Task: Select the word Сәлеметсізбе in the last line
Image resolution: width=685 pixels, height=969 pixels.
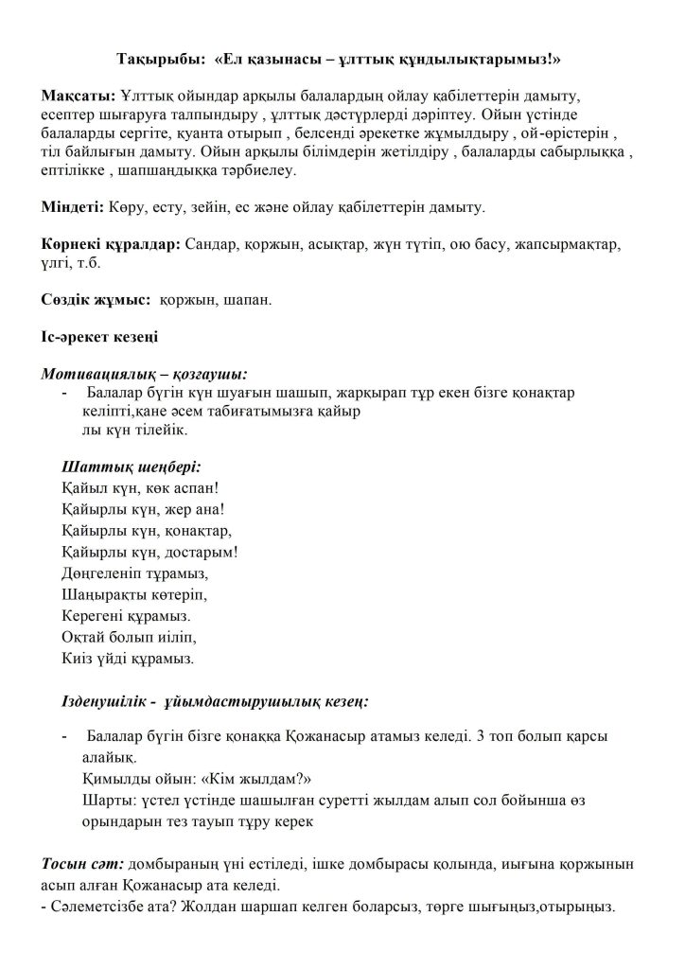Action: [x=97, y=907]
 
